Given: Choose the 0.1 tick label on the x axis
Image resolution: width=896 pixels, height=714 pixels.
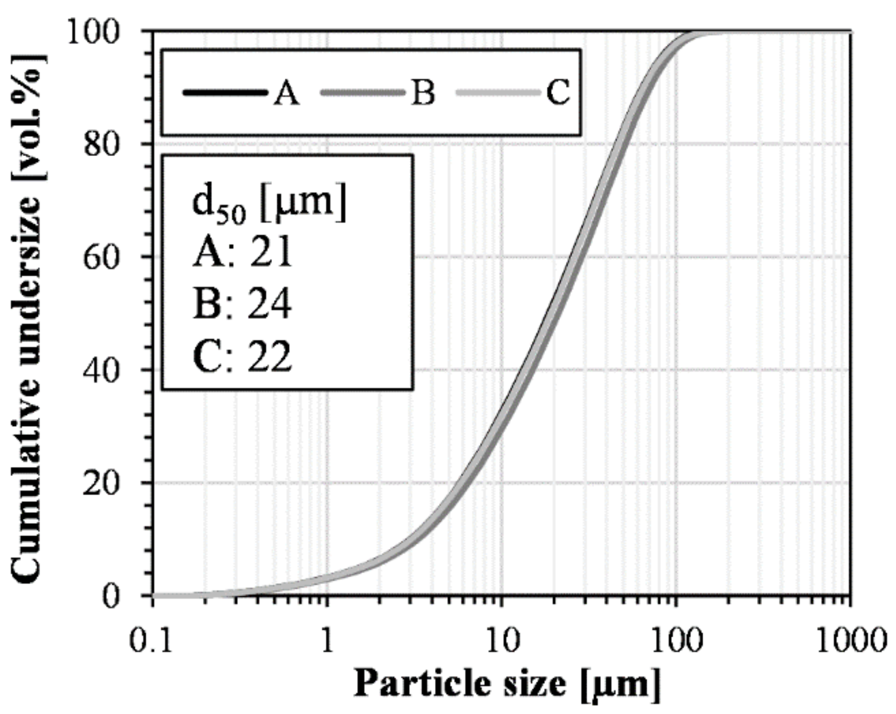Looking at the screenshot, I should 152,641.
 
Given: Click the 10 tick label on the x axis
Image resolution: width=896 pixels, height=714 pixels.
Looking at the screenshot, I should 502,641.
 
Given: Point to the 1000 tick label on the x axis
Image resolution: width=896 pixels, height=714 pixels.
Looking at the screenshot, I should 850,641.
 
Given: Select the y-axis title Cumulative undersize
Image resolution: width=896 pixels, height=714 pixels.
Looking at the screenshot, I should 27,319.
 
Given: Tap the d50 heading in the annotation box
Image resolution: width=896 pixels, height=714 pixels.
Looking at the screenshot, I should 269,205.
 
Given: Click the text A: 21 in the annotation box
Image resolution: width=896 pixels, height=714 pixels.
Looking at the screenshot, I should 243,252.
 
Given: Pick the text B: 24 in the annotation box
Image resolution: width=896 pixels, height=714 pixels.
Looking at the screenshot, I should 243,305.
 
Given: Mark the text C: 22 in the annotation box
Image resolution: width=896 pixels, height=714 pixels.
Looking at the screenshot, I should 243,356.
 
